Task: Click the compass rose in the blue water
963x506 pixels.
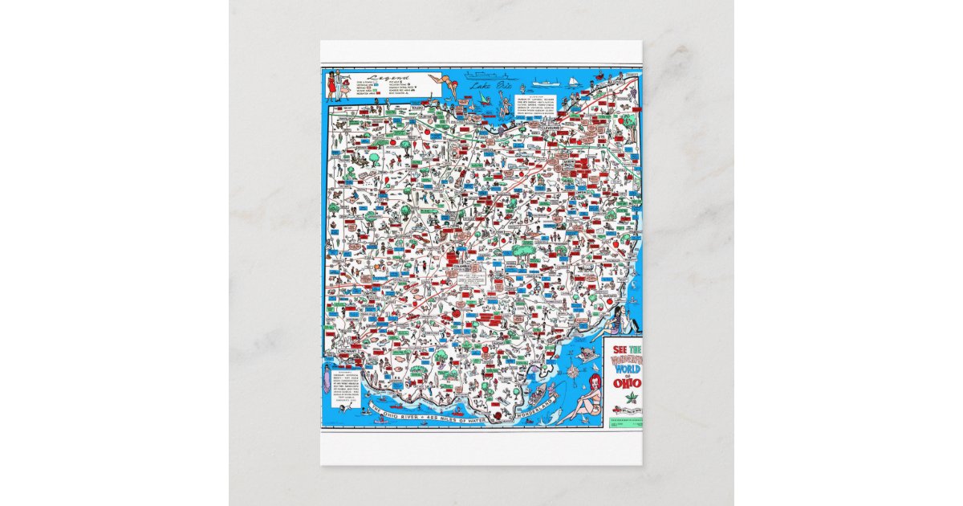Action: point(572,372)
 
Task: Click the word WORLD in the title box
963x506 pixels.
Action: point(623,368)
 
